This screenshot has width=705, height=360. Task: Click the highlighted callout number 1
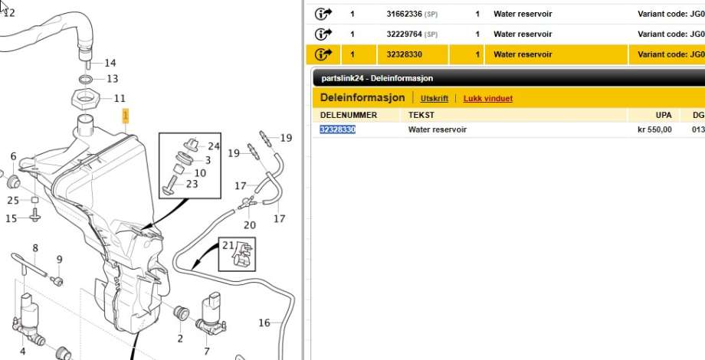coord(126,116)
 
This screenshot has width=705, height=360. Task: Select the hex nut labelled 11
coord(85,100)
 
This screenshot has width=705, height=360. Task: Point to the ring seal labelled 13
coord(87,80)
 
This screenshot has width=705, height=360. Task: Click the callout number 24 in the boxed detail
coord(214,146)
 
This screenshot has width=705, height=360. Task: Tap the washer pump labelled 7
coord(211,314)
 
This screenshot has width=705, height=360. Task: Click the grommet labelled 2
coord(181,313)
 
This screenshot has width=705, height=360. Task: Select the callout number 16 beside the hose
coord(264,322)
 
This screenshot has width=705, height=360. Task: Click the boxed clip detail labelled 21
coord(237,254)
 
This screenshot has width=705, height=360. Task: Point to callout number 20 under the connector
coord(250,224)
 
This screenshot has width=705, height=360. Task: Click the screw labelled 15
coord(34,214)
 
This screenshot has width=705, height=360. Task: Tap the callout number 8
coord(35,247)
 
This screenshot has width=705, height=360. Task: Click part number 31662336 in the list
coord(404,14)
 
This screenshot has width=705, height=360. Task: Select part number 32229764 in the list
coord(404,34)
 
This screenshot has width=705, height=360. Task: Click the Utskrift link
coord(434,99)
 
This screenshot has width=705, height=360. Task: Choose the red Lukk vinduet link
coord(488,99)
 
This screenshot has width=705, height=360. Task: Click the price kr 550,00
coord(654,130)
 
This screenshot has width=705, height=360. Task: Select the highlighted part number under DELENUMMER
coord(338,130)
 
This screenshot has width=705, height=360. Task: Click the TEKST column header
coord(421,115)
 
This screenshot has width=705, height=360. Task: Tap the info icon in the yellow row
coord(323,54)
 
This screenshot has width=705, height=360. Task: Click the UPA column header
coord(664,115)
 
